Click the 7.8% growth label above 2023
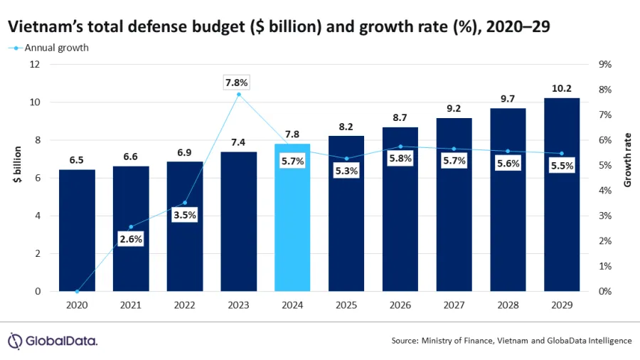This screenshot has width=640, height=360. pyautogui.click(x=238, y=83)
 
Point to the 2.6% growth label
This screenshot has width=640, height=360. pyautogui.click(x=131, y=239)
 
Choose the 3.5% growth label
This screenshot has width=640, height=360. pyautogui.click(x=185, y=214)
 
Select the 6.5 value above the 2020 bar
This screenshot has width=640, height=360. pyautogui.click(x=77, y=161)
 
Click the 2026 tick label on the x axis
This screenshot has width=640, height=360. pyautogui.click(x=400, y=305)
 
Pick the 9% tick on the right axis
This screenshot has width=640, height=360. pyautogui.click(x=606, y=65)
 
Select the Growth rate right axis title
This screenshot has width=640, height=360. pyautogui.click(x=627, y=160)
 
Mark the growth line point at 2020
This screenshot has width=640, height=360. pyautogui.click(x=77, y=291)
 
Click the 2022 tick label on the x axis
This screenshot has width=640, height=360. pyautogui.click(x=185, y=305)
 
